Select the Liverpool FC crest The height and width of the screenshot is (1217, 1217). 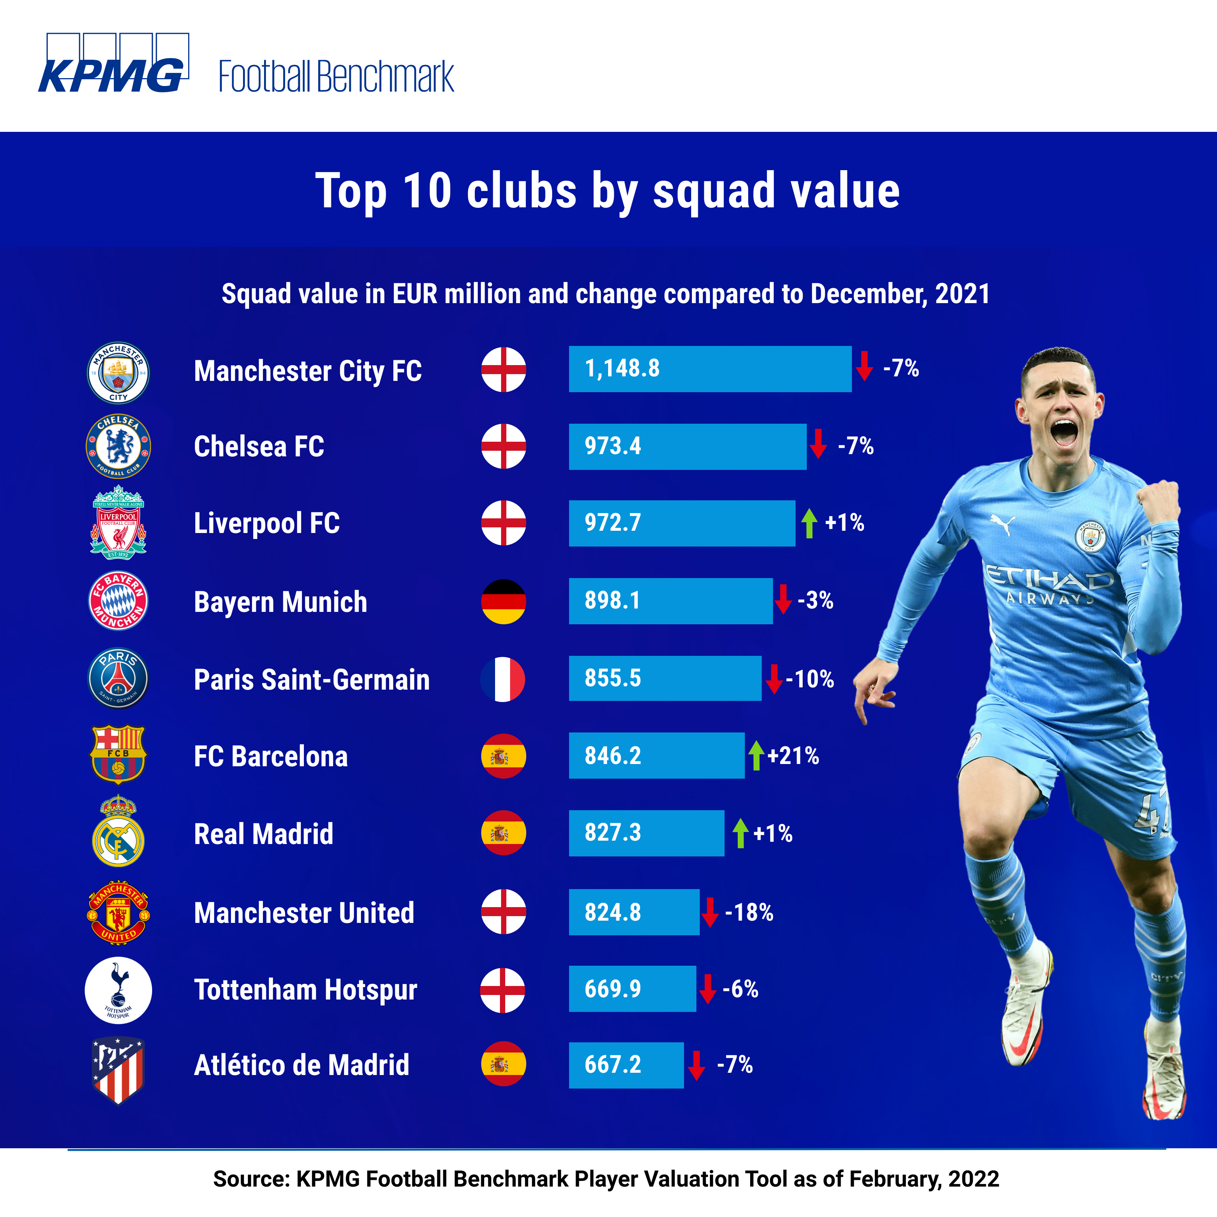click(118, 522)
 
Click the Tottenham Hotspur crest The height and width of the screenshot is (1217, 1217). click(118, 990)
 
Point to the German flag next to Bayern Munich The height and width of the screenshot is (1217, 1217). click(503, 602)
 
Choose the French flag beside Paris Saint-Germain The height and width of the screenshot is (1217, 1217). click(503, 679)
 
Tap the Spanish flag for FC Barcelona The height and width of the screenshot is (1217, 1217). click(503, 756)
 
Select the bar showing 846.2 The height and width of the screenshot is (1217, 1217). click(656, 755)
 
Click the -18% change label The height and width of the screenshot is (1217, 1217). click(749, 912)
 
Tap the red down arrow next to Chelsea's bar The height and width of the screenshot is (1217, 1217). click(818, 444)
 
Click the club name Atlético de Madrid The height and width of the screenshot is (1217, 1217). click(302, 1065)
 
